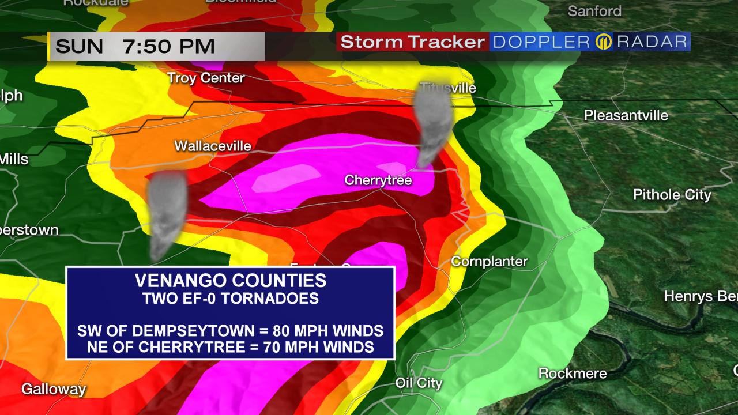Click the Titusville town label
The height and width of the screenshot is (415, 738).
[x=448, y=88]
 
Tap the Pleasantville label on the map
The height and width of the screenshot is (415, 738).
[x=626, y=115]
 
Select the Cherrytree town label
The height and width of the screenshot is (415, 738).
[x=378, y=180]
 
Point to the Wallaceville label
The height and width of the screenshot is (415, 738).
[x=213, y=146]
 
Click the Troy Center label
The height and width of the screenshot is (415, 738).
[x=206, y=78]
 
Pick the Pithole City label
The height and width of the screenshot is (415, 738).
[x=672, y=195]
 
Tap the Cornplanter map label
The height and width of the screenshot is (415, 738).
[x=489, y=262]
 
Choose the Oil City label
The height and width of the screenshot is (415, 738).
[x=419, y=383]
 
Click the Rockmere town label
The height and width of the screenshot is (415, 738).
[x=572, y=373]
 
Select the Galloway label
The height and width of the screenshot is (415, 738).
[x=54, y=390]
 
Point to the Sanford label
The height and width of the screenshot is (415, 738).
[x=594, y=11]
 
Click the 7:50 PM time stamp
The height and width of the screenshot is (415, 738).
[x=168, y=46]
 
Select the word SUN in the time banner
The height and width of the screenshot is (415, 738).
[x=79, y=46]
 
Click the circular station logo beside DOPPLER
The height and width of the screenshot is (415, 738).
[x=603, y=42]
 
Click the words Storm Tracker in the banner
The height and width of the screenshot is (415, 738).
[x=412, y=42]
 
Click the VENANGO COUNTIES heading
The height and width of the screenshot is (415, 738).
[x=230, y=281]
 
